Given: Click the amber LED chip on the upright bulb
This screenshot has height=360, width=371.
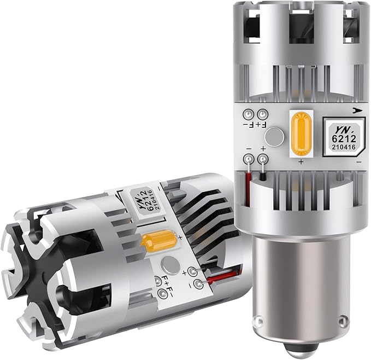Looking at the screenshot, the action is click(301, 133).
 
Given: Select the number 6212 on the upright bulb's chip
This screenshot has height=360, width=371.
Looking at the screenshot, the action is click(344, 138).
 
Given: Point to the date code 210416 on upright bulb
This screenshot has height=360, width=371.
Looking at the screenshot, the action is click(344, 147).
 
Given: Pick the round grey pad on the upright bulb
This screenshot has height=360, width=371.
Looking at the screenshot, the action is click(274, 137).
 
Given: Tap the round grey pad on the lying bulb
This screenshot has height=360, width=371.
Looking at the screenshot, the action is click(170, 265).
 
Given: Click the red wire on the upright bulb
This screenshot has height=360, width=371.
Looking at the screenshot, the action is click(248, 185).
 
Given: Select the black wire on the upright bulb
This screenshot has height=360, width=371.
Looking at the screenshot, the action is click(263, 173).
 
